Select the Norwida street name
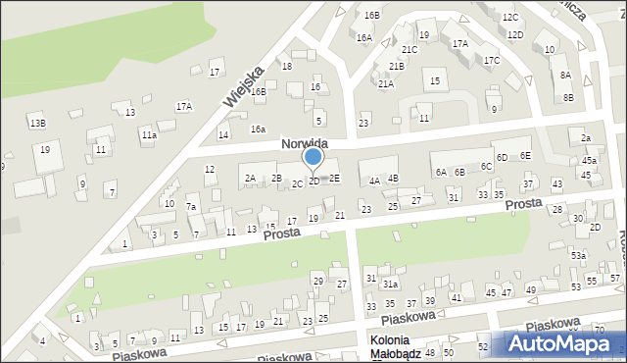pyautogui.click(x=303, y=143)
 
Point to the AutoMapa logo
pyautogui.click(x=564, y=343)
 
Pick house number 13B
pyautogui.click(x=37, y=123)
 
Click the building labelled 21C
pyautogui.click(x=410, y=49)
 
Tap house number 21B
pyautogui.click(x=396, y=66)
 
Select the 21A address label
pyautogui.click(x=386, y=84)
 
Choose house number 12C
pyautogui.click(x=510, y=18)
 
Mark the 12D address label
pyautogui.click(x=515, y=35)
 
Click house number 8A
pyautogui.click(x=565, y=76)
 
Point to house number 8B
pyautogui.click(x=568, y=97)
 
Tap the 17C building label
pyautogui.click(x=491, y=61)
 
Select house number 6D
pyautogui.click(x=501, y=157)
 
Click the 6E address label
pyautogui.click(x=525, y=156)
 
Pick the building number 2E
pyautogui.click(x=334, y=178)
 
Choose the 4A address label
pyautogui.click(x=374, y=181)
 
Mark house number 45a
pyautogui.click(x=589, y=161)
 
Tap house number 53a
pyautogui.click(x=579, y=256)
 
